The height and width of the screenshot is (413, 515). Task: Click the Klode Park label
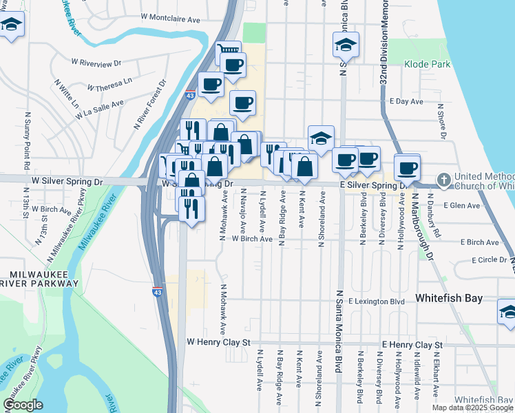pyautogui.click(x=432, y=64)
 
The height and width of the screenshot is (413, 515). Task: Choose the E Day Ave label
pyautogui.click(x=406, y=101)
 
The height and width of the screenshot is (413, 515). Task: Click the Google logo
pyautogui.click(x=22, y=405)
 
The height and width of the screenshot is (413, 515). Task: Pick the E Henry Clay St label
pyautogui.click(x=412, y=344)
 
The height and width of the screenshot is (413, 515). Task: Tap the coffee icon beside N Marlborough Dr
pyautogui.click(x=407, y=167)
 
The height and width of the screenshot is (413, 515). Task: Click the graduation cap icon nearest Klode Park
pyautogui.click(x=346, y=46)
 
